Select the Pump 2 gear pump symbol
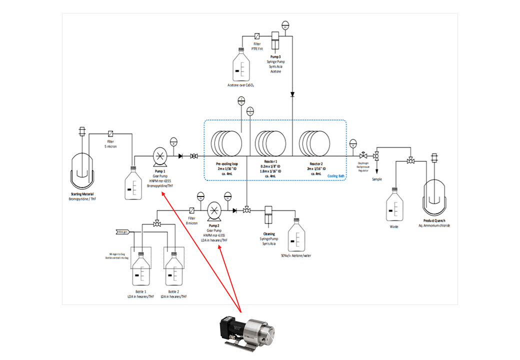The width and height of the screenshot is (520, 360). click(214, 210)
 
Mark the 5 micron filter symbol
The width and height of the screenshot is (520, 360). click(110, 134)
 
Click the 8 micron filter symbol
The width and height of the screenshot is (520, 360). click(191, 210)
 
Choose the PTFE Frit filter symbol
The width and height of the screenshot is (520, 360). click(257, 36)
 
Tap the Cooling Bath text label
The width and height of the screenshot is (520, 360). click(335, 175)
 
